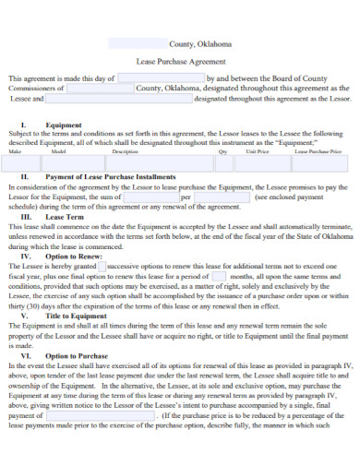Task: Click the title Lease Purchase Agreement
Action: (179, 60)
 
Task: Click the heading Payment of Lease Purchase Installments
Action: (110, 175)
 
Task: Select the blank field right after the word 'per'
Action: (222, 197)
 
